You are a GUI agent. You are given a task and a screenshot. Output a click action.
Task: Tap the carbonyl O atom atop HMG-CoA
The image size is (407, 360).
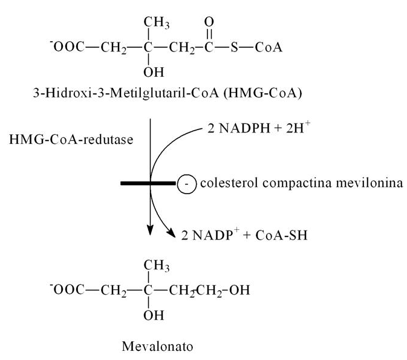[x=209, y=22]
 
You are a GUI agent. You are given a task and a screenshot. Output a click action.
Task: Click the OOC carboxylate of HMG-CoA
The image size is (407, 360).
[x=67, y=47]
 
